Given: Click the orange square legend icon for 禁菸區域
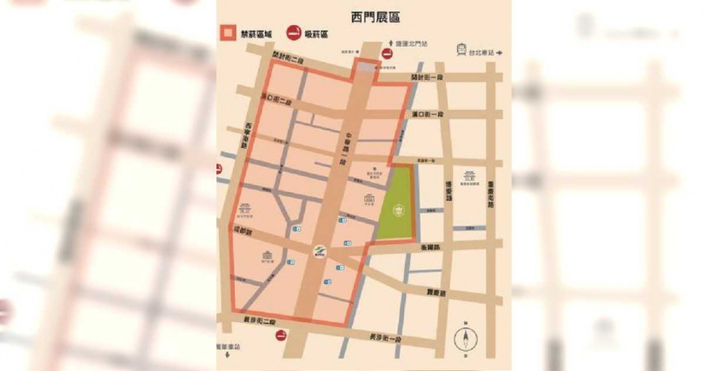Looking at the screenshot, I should pyautogui.click(x=226, y=35).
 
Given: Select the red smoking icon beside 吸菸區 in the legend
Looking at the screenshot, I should pyautogui.click(x=294, y=35).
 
